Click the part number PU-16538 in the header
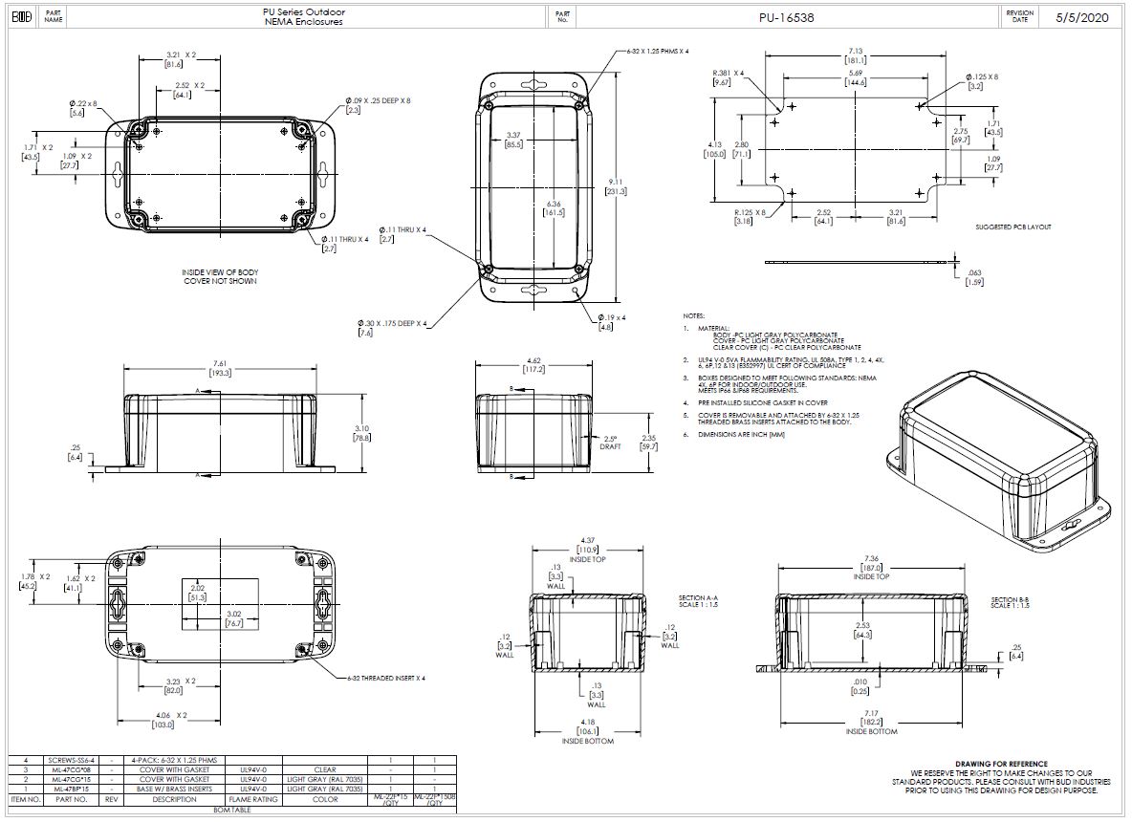[788, 17]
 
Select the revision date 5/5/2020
[1082, 17]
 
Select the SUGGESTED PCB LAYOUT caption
[1012, 227]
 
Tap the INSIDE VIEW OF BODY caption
[220, 272]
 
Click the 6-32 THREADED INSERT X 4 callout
[387, 677]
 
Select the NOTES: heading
[693, 315]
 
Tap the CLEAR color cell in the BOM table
[324, 769]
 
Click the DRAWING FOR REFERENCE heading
[1000, 763]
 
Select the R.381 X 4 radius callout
[728, 73]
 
